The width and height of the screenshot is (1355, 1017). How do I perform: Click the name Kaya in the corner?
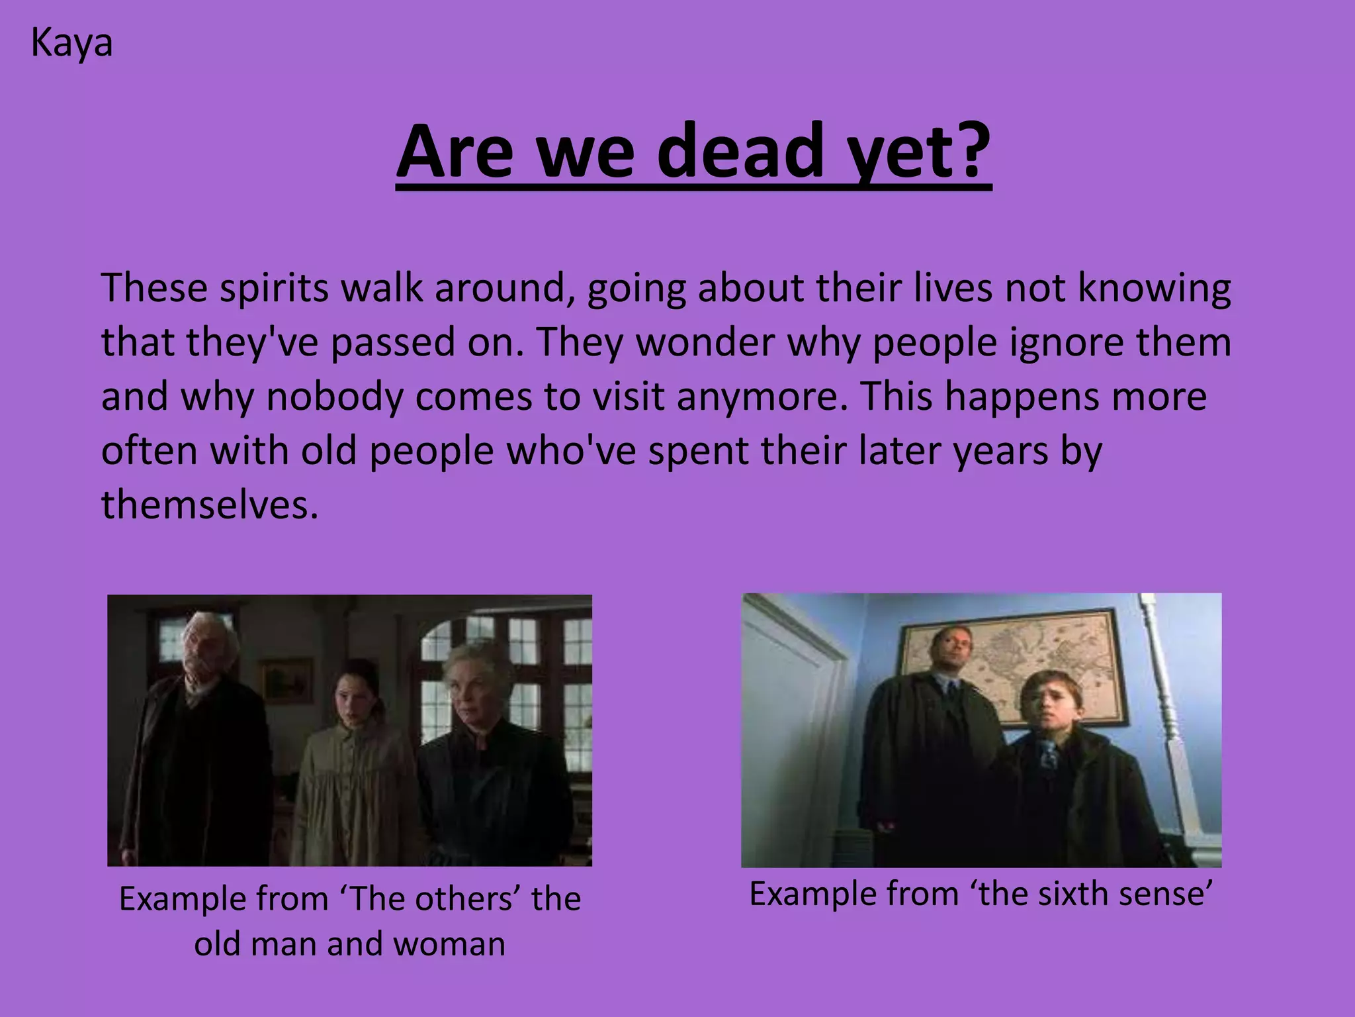click(x=71, y=44)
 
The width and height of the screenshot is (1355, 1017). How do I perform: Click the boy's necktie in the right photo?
click(x=1047, y=755)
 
